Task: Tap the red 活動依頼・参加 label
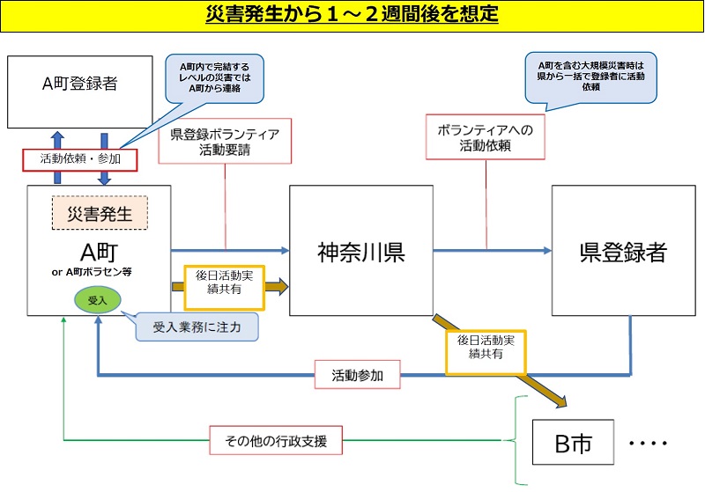pyautogui.click(x=80, y=159)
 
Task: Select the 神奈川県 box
pyautogui.click(x=360, y=251)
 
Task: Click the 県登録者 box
pyautogui.click(x=623, y=251)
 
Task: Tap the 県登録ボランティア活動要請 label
pyautogui.click(x=225, y=141)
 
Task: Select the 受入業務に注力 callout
pyautogui.click(x=197, y=327)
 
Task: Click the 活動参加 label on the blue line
pyautogui.click(x=357, y=376)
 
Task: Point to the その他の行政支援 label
pyautogui.click(x=275, y=440)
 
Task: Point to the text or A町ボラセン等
pyautogui.click(x=99, y=271)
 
